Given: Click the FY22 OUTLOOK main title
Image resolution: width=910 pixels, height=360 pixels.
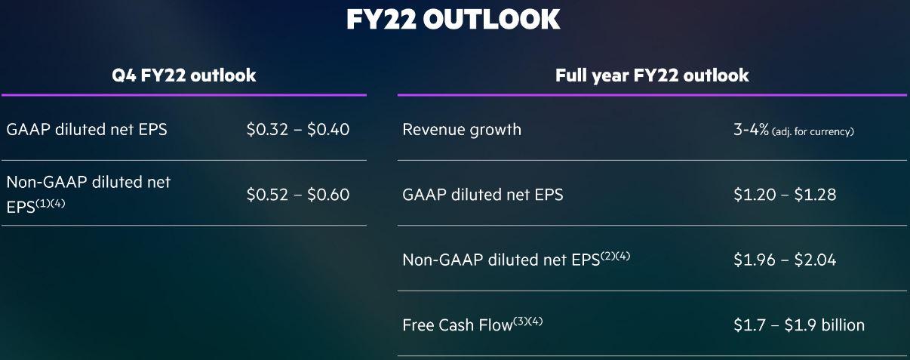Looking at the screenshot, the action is (x=453, y=19).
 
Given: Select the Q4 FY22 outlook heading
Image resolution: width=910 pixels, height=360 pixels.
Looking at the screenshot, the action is (x=183, y=75).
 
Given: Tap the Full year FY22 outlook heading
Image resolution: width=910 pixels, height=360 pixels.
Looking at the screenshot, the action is (x=652, y=75).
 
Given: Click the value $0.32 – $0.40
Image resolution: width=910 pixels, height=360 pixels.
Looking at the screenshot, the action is (x=298, y=129).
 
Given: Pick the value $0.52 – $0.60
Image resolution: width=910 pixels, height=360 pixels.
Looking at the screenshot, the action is (x=298, y=194).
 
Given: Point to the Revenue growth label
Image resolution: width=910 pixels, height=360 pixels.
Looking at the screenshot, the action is (x=462, y=130).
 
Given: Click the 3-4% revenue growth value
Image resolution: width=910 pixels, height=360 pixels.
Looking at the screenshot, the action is (x=751, y=129).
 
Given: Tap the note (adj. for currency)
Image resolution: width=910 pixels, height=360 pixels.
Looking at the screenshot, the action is (x=813, y=131).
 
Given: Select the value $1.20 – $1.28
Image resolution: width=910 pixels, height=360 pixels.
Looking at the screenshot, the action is (x=785, y=194).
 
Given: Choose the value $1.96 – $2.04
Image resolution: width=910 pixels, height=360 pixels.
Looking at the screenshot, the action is (x=785, y=259).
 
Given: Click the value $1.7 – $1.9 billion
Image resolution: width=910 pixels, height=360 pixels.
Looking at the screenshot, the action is (x=799, y=325).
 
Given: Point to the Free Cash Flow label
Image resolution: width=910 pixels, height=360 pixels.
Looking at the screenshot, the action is (x=457, y=325).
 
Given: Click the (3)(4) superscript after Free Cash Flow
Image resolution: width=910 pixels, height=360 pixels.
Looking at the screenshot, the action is (x=527, y=322).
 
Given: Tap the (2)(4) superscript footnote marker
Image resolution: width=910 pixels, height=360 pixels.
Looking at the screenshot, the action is (x=615, y=256).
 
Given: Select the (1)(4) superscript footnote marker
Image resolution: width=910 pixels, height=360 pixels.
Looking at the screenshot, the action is (x=51, y=203).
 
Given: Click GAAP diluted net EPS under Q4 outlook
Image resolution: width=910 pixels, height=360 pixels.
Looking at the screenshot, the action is (x=87, y=129).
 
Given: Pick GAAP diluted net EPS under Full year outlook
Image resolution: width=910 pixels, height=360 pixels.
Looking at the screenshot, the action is (x=483, y=194).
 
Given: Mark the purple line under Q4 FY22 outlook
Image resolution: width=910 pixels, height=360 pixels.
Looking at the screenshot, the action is (x=184, y=95).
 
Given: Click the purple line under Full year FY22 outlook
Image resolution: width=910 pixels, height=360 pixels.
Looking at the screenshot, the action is (x=652, y=95).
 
